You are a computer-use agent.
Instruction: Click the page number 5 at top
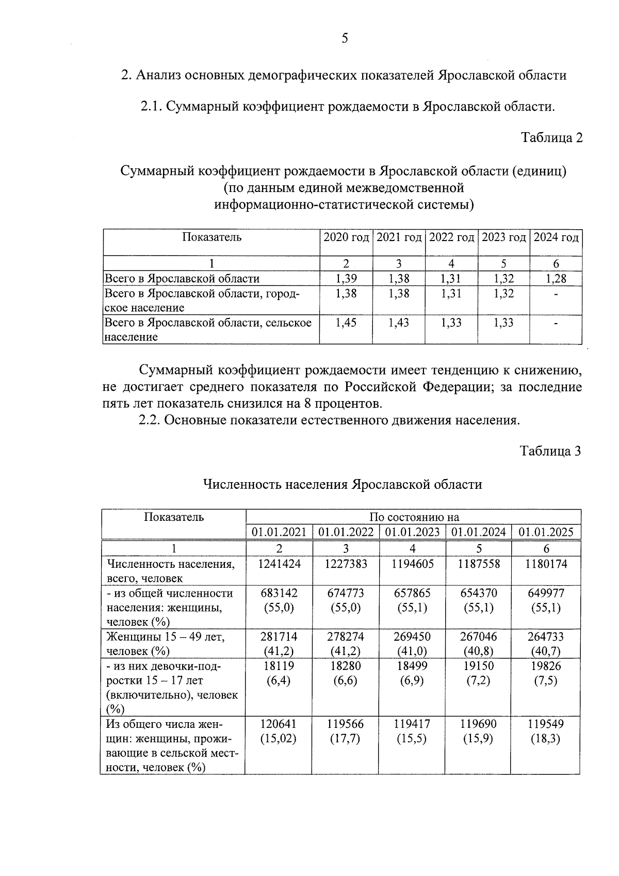[345, 39]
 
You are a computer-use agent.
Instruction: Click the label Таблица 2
[551, 138]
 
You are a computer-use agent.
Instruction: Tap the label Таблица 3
[550, 451]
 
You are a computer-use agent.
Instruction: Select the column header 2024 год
[556, 238]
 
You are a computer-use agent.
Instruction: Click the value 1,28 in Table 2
[556, 279]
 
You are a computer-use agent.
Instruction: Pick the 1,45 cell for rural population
[346, 323]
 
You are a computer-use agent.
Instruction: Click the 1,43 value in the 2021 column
[399, 323]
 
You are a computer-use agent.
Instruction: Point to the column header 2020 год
[346, 238]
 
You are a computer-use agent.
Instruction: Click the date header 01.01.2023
[412, 532]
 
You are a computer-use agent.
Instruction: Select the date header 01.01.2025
[546, 532]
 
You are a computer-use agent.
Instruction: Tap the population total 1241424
[279, 564]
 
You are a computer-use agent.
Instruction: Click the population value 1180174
[546, 564]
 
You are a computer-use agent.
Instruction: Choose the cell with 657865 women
[412, 594]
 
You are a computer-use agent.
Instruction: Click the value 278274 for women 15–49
[346, 637]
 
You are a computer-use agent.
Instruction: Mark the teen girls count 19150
[479, 666]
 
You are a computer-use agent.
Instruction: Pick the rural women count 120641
[279, 724]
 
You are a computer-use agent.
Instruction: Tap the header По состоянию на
[414, 517]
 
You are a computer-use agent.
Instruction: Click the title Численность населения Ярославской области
[343, 485]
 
